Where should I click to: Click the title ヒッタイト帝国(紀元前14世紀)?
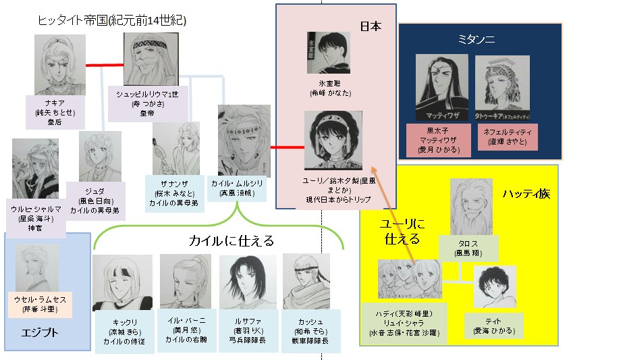(112, 21)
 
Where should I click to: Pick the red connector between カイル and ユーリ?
(287, 147)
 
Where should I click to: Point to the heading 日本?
(371, 27)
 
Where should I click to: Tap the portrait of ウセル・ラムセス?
(39, 268)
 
